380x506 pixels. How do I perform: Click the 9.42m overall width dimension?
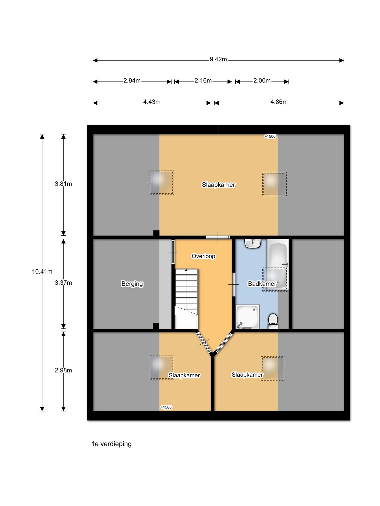point(218,59)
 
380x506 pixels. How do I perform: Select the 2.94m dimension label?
point(132,81)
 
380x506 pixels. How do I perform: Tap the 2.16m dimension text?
point(203,81)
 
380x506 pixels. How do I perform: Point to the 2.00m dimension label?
point(262,81)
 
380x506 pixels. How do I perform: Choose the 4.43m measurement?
point(152,102)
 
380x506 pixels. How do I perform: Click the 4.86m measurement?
point(279,102)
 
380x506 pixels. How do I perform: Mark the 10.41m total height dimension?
point(42,271)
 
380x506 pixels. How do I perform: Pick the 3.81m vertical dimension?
point(63,184)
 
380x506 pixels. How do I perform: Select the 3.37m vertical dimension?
point(63,283)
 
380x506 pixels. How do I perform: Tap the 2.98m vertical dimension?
point(63,370)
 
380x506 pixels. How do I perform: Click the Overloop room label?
point(203,256)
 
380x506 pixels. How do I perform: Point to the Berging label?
point(132,284)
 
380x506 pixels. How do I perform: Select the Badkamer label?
point(262,284)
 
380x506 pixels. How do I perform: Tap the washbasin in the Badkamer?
point(253,243)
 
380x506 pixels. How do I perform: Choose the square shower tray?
point(248,317)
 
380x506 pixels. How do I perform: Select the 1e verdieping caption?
point(111,444)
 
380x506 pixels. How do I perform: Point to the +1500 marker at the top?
point(270,136)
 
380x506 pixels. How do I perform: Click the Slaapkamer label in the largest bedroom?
point(218,185)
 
